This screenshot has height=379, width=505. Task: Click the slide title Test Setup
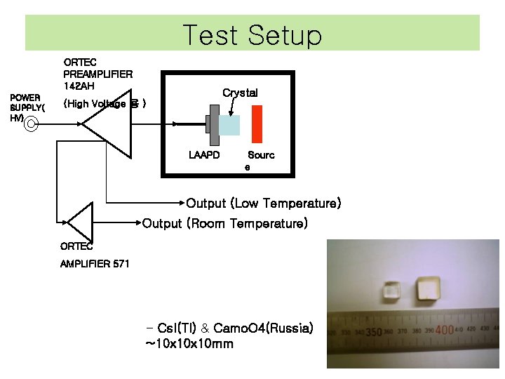[252, 34]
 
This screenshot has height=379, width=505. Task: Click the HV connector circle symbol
[32, 126]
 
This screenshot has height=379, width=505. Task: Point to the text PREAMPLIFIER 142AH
[97, 79]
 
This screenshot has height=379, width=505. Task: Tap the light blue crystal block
[229, 125]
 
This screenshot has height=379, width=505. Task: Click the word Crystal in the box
[240, 93]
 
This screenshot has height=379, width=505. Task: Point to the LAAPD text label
[205, 154]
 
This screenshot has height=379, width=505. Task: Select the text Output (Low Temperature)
[263, 204]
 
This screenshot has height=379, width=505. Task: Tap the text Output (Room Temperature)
[224, 224]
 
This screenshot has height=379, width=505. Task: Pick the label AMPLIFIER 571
[95, 264]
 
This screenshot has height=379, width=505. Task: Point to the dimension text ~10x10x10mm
[189, 344]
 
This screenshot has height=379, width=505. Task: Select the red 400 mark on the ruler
[445, 329]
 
